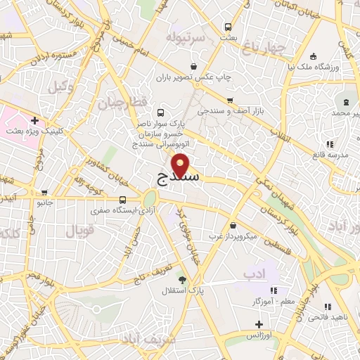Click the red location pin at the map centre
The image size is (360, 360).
click(181, 165)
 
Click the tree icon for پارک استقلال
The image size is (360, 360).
click(183, 279)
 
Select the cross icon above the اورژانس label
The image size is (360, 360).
click(259, 324)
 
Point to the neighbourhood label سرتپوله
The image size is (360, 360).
click(186, 36)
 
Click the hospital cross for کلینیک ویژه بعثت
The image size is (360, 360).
click(34, 120)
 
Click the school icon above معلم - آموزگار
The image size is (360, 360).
click(274, 290)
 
